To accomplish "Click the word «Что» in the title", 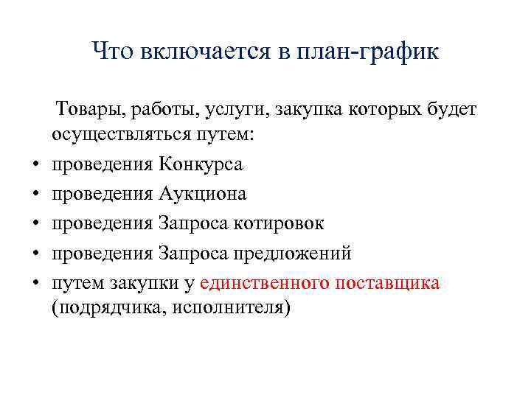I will pyautogui.click(x=111, y=51).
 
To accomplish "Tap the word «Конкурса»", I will pyautogui.click(x=200, y=164).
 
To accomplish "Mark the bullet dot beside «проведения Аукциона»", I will pyautogui.click(x=36, y=195).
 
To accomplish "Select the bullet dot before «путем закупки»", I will pyautogui.click(x=36, y=284).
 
